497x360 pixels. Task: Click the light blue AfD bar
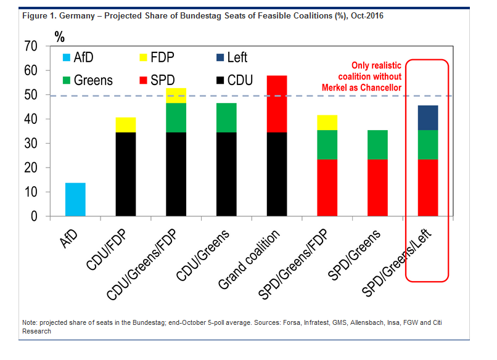[75, 200]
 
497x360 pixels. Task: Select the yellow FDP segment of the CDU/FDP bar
[125, 125]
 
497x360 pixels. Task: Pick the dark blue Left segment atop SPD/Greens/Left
[428, 118]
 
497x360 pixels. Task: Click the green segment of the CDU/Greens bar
[226, 117]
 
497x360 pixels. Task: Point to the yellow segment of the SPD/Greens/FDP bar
[327, 123]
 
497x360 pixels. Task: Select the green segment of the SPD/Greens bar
[377, 145]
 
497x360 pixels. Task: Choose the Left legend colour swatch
[220, 57]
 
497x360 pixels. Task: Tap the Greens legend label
[92, 80]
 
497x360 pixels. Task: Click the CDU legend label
[240, 80]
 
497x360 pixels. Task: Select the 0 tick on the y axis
[35, 216]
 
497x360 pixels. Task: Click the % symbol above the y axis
[59, 36]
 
